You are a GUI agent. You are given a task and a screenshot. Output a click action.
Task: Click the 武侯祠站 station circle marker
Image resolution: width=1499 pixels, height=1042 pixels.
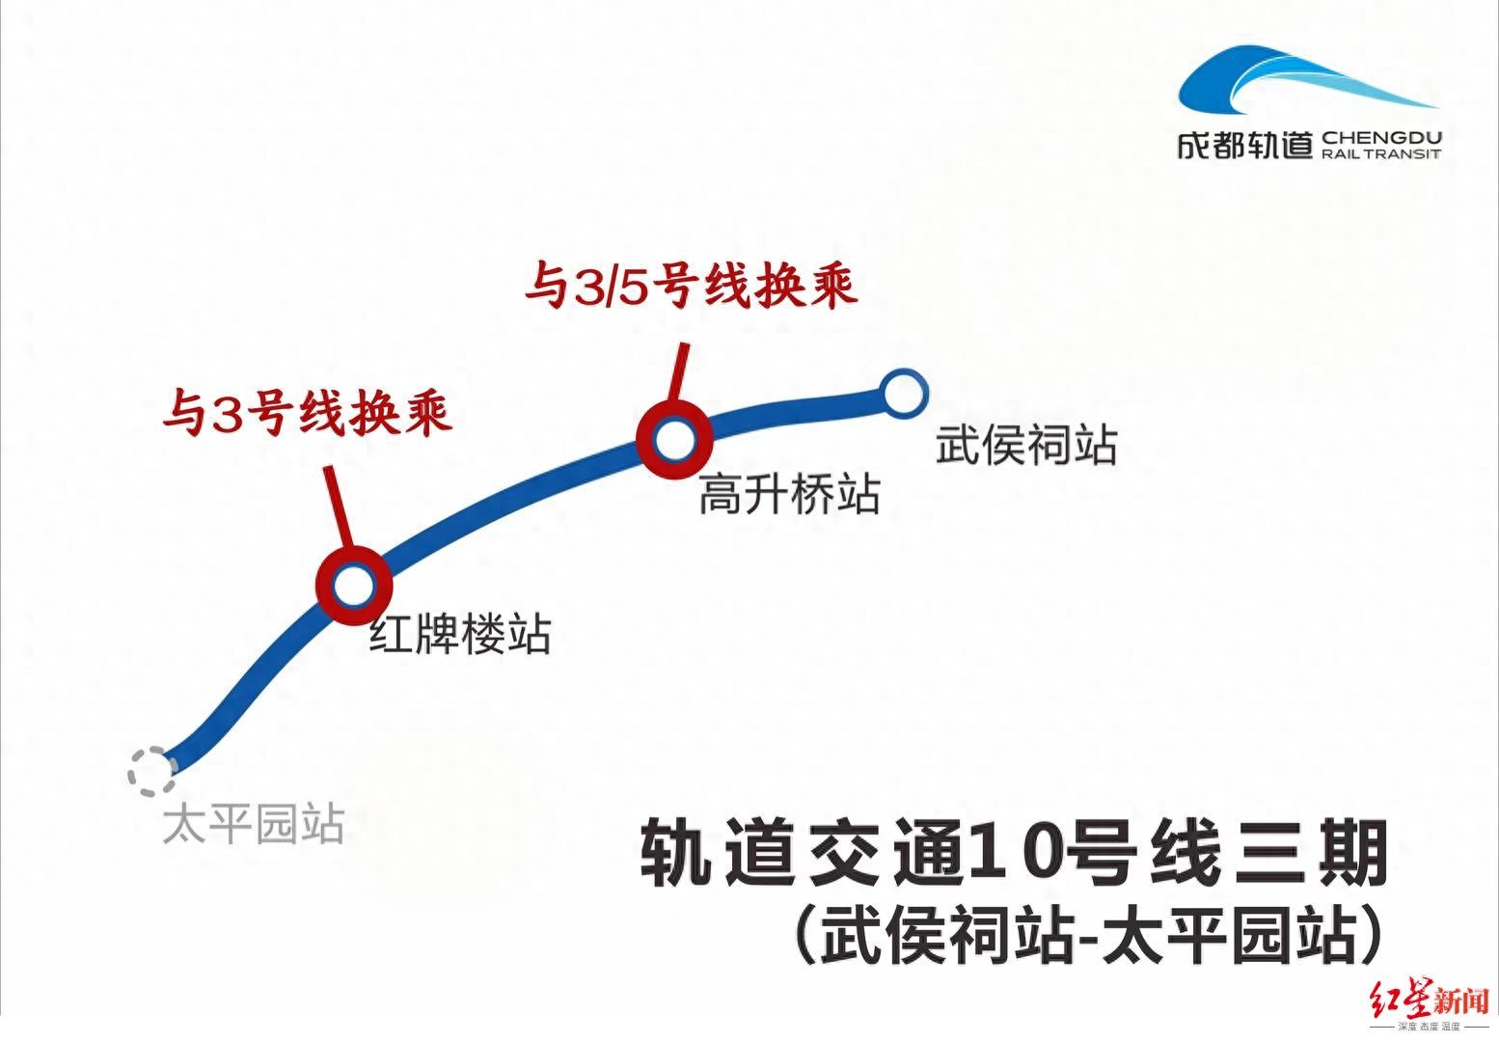point(904,394)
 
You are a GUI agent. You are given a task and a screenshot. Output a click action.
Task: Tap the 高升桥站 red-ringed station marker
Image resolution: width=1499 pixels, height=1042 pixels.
point(673,440)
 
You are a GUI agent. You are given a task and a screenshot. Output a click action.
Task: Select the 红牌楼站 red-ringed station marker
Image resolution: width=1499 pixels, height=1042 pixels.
point(353,584)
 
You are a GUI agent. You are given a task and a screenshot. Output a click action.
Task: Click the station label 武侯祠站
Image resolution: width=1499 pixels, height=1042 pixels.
point(1026,446)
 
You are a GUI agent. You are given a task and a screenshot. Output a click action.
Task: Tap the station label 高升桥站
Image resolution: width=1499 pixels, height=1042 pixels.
point(789,495)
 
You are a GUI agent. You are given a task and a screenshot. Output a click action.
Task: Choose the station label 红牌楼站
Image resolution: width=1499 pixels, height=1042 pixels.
point(460,635)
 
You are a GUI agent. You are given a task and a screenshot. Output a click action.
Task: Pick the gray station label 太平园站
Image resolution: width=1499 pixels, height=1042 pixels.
point(253,826)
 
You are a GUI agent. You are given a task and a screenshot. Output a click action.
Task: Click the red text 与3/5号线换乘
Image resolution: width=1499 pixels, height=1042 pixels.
point(691,287)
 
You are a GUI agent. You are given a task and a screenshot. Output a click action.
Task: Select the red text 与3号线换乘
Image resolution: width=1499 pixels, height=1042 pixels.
point(307,414)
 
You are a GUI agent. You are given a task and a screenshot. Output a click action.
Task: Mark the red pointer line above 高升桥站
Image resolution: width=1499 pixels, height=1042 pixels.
point(680,371)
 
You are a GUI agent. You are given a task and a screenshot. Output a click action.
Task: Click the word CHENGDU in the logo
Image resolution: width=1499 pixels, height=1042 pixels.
point(1381,138)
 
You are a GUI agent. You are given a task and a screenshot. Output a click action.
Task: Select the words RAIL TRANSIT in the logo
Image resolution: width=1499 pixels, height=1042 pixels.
point(1381,154)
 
